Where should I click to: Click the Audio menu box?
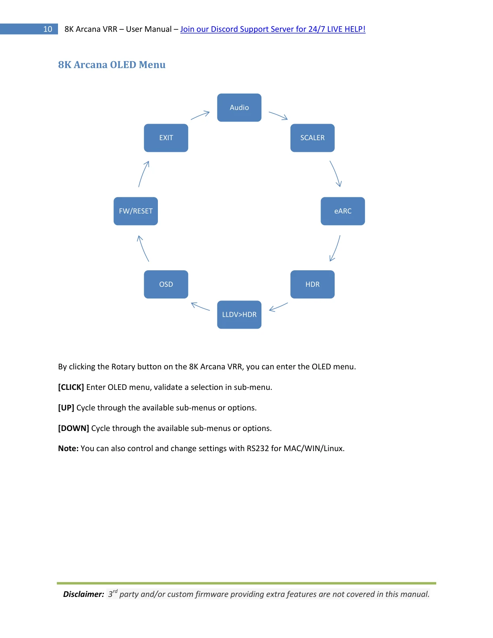[239, 108]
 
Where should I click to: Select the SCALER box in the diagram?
[312, 138]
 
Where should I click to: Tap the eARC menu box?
[343, 211]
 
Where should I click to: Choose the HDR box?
[312, 284]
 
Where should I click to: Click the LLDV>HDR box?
[239, 315]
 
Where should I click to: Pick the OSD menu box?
[166, 284]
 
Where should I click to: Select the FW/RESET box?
[136, 211]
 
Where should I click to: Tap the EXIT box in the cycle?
[166, 138]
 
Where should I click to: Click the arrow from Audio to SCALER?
[278, 115]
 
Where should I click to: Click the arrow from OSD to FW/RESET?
[142, 249]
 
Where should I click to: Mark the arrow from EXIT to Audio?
[200, 115]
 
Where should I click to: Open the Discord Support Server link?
[273, 29]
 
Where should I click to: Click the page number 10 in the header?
[48, 29]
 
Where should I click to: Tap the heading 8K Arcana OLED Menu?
[112, 64]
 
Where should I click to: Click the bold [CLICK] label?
[71, 387]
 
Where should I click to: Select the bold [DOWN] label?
[73, 428]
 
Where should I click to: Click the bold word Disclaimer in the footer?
[84, 594]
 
